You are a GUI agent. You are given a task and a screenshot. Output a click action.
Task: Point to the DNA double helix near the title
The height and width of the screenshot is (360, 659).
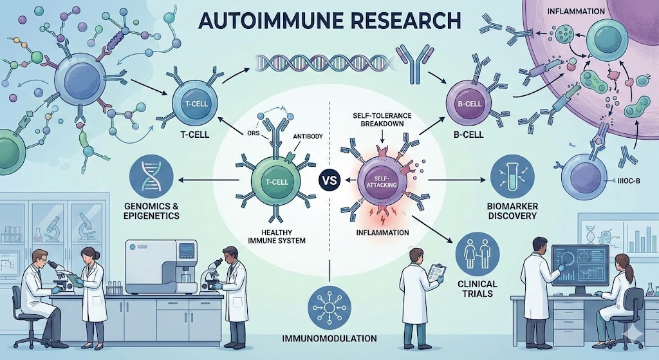point(309,62)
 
